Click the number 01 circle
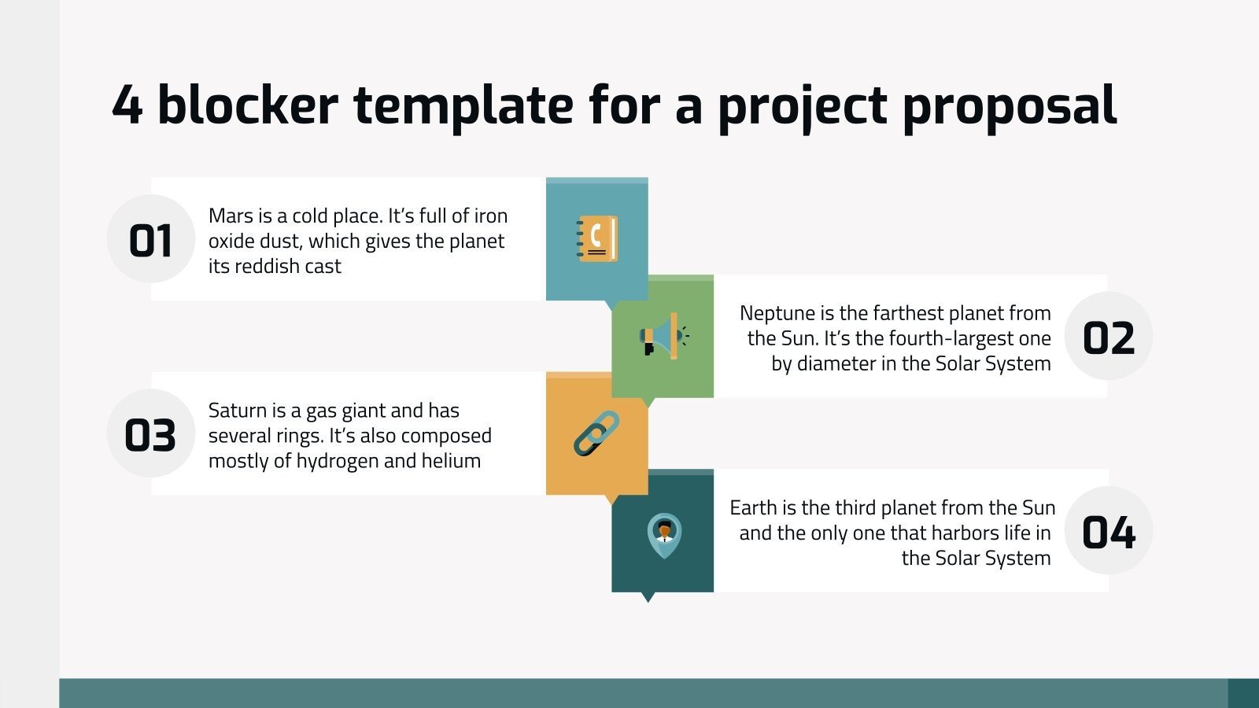pyautogui.click(x=150, y=239)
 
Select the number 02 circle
pyautogui.click(x=1108, y=337)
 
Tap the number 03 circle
pyautogui.click(x=150, y=434)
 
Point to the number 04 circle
pyautogui.click(x=1108, y=532)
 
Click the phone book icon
pyautogui.click(x=597, y=238)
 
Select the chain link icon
pyautogui.click(x=596, y=433)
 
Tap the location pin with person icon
pyautogui.click(x=664, y=535)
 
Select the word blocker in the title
pyautogui.click(x=248, y=105)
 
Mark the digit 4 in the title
pyautogui.click(x=127, y=105)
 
